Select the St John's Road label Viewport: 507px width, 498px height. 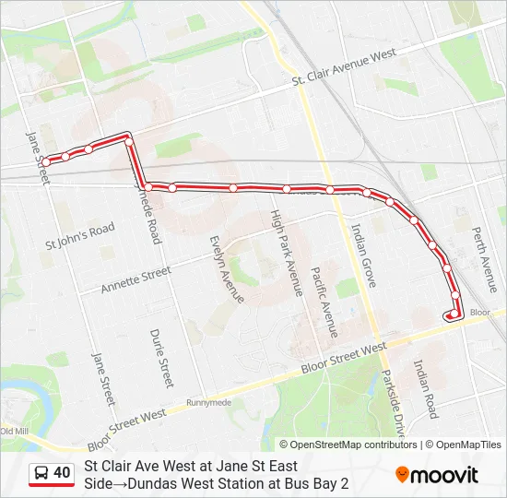80,236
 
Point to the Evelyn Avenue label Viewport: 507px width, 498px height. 226,268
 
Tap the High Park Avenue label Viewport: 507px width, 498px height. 286,252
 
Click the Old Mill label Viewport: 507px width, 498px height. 15,431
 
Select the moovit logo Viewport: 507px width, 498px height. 437,475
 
